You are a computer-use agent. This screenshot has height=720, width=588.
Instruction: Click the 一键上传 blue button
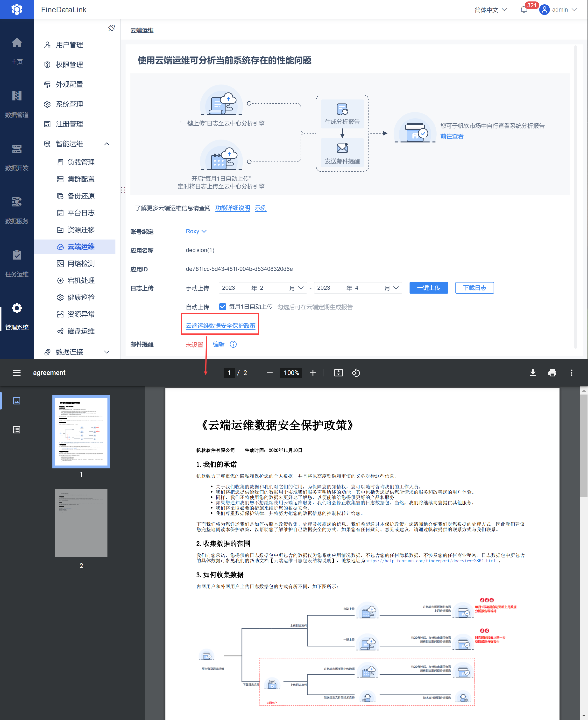pyautogui.click(x=428, y=288)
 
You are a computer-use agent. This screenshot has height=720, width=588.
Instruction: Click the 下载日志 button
pyautogui.click(x=474, y=288)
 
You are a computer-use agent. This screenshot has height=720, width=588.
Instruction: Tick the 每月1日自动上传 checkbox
pyautogui.click(x=223, y=307)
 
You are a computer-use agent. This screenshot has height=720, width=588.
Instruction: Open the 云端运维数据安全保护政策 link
pyautogui.click(x=220, y=325)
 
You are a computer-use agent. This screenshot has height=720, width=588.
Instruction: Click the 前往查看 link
pyautogui.click(x=452, y=136)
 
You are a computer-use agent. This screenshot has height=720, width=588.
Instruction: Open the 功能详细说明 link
pyautogui.click(x=232, y=208)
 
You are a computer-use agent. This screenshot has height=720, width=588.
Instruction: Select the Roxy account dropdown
pyautogui.click(x=196, y=231)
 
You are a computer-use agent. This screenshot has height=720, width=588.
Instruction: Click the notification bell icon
pyautogui.click(x=523, y=10)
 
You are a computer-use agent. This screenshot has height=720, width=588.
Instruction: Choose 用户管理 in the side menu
pyautogui.click(x=69, y=45)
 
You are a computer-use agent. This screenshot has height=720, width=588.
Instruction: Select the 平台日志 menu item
pyautogui.click(x=81, y=213)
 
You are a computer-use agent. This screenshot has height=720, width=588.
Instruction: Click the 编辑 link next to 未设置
pyautogui.click(x=219, y=344)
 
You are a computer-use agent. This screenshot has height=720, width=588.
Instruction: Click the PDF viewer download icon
pyautogui.click(x=532, y=373)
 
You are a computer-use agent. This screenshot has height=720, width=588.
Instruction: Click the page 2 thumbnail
pyautogui.click(x=81, y=522)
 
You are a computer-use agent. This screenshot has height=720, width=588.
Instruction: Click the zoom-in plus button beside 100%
pyautogui.click(x=313, y=373)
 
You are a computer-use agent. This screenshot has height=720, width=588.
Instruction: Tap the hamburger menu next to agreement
pyautogui.click(x=17, y=373)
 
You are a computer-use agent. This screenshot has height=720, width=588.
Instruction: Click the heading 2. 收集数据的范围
pyautogui.click(x=223, y=544)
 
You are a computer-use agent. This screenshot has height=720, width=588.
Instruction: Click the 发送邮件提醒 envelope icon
pyautogui.click(x=342, y=148)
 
